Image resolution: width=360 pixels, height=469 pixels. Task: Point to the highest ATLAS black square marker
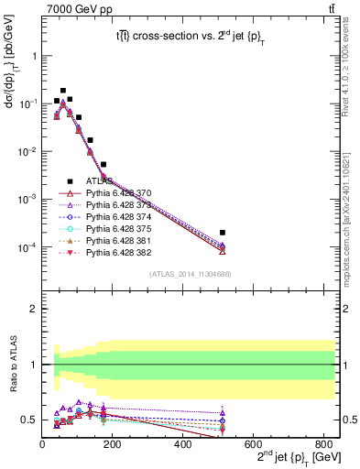coord(63,92)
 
